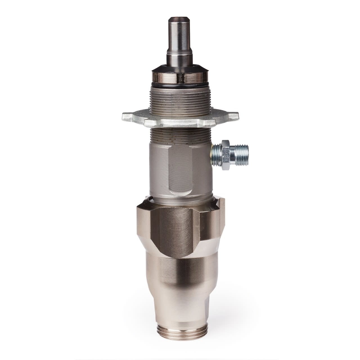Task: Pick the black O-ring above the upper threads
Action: [180, 87]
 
